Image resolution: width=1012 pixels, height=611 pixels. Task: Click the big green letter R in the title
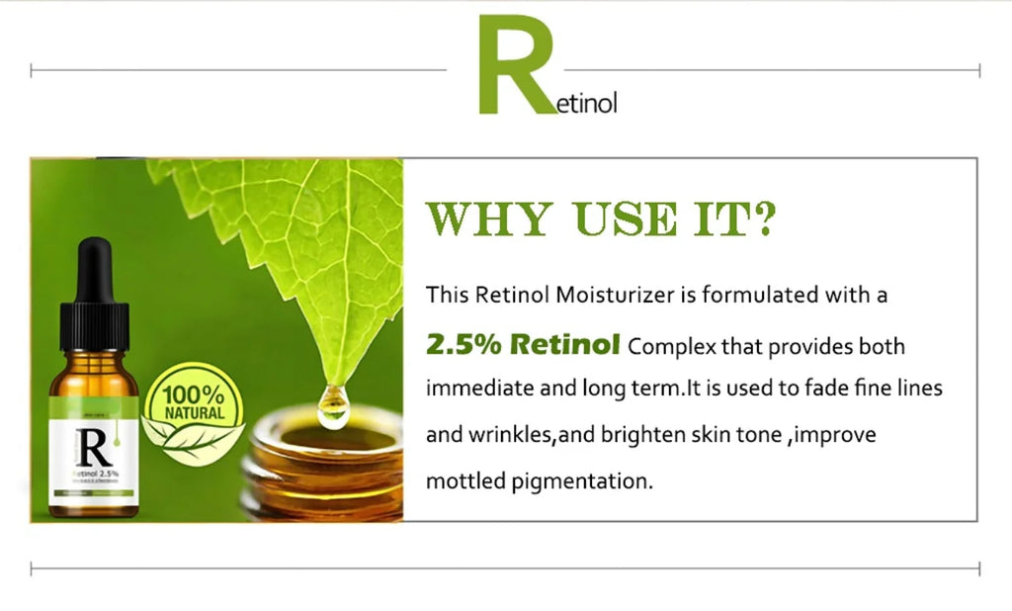coord(512,65)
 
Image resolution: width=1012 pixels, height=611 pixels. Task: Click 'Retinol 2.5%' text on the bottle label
coord(96,475)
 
